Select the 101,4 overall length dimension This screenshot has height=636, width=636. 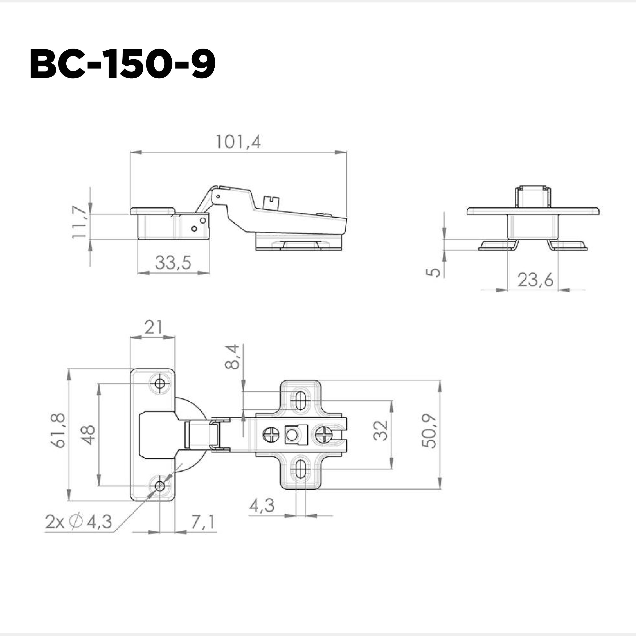(x=238, y=142)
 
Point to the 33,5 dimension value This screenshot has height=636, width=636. (x=173, y=263)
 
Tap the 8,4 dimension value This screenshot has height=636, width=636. (x=233, y=357)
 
